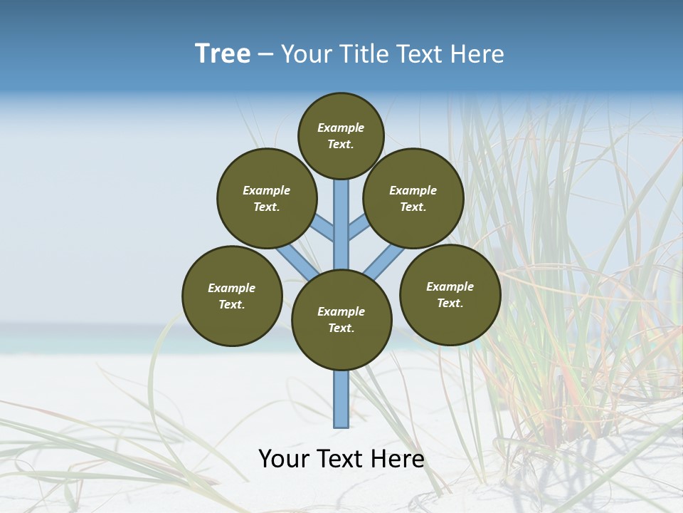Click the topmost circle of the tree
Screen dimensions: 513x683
pyautogui.click(x=341, y=135)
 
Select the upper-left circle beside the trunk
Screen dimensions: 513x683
pyautogui.click(x=267, y=198)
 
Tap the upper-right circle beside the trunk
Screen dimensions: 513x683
pyautogui.click(x=413, y=198)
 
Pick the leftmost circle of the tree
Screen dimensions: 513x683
pyautogui.click(x=232, y=296)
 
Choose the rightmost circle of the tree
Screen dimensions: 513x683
pyautogui.click(x=450, y=294)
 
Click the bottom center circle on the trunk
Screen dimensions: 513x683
pyautogui.click(x=341, y=319)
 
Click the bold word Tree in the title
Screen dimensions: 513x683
pyautogui.click(x=223, y=54)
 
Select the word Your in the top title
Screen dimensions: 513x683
pyautogui.click(x=303, y=54)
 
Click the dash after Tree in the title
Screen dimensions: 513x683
pyautogui.click(x=265, y=55)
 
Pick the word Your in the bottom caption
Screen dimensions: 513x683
pyautogui.click(x=284, y=459)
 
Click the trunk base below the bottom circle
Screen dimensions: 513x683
pyautogui.click(x=341, y=399)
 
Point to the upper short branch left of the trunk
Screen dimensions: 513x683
pyautogui.click(x=324, y=227)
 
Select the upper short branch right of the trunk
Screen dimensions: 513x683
pyautogui.click(x=358, y=227)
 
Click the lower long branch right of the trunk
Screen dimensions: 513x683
pyautogui.click(x=385, y=261)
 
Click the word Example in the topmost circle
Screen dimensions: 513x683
pyautogui.click(x=341, y=128)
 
